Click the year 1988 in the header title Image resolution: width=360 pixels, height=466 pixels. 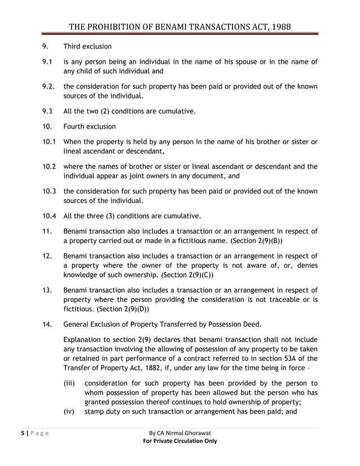[279, 27]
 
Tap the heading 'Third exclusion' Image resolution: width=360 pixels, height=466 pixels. [87, 46]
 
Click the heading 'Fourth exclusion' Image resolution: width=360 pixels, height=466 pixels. [90, 126]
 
